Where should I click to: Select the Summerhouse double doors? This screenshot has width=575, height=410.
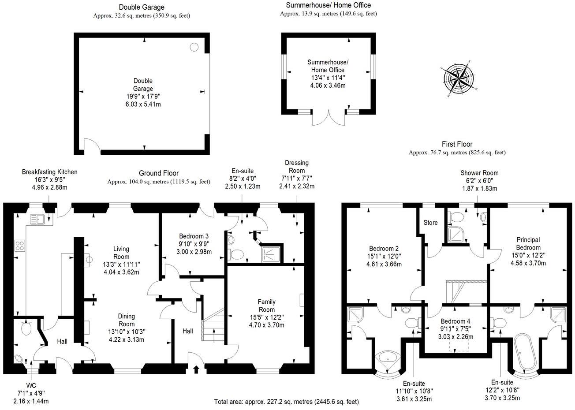click(x=329, y=119)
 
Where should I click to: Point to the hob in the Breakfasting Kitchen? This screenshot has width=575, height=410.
click(x=20, y=245)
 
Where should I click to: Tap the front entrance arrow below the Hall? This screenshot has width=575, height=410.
click(x=196, y=369)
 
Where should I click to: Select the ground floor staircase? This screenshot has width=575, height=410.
click(x=213, y=325)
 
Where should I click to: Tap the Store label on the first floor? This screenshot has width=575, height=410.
click(x=430, y=223)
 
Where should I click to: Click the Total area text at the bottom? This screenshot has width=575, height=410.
click(x=286, y=402)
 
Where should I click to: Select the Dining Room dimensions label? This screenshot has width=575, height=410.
click(x=126, y=328)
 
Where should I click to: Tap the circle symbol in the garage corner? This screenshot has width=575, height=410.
click(x=194, y=47)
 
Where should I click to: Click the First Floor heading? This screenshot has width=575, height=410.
click(x=457, y=144)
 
